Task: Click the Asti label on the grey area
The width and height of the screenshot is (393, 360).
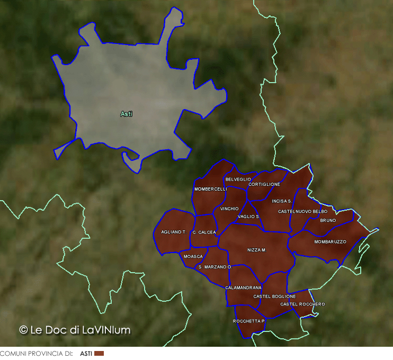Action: [x=126, y=114]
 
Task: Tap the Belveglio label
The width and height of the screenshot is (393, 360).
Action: [x=238, y=179]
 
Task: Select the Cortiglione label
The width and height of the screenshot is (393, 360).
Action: [x=264, y=184]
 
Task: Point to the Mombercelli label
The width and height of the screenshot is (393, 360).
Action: [x=210, y=189]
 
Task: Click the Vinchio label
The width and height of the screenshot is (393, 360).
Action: [x=229, y=209]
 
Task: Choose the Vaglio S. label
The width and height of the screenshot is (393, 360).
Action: [x=249, y=217]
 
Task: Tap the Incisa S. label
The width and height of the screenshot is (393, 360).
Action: [x=282, y=201]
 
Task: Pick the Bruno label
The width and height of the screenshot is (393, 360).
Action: [x=328, y=220]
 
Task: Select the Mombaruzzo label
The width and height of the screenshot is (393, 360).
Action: [x=330, y=241]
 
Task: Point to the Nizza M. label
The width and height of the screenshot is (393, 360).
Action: [x=256, y=250]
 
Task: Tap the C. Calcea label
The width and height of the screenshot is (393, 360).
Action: [x=204, y=232]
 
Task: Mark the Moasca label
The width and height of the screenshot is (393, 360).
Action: [x=193, y=256]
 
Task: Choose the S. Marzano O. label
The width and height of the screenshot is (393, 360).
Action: [x=215, y=267]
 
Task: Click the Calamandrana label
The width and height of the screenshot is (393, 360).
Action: [x=243, y=287]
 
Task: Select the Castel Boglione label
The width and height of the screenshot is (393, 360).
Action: [x=274, y=296]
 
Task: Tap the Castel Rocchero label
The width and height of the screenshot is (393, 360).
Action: [x=302, y=304]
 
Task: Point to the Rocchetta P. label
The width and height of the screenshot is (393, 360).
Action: [x=249, y=321]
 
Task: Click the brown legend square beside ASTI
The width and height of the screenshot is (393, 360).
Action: [x=99, y=353]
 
